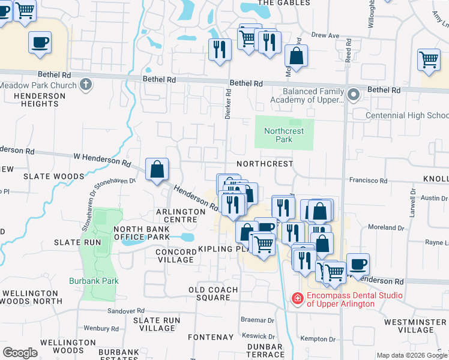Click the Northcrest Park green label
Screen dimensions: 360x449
tap(284, 135)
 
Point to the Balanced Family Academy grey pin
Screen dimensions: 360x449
tap(354, 94)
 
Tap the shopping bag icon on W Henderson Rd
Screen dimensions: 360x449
tap(157, 170)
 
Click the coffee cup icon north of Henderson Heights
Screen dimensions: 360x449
tap(40, 43)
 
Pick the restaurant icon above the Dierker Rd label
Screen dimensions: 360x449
tap(220, 49)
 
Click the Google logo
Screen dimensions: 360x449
tap(20, 353)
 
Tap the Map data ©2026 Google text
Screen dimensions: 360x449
tap(412, 355)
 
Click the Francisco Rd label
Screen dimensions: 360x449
tap(369, 180)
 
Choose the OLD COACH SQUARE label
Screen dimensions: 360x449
tap(213, 294)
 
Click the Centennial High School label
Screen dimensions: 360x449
tap(408, 115)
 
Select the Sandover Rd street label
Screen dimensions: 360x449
tap(127, 311)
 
